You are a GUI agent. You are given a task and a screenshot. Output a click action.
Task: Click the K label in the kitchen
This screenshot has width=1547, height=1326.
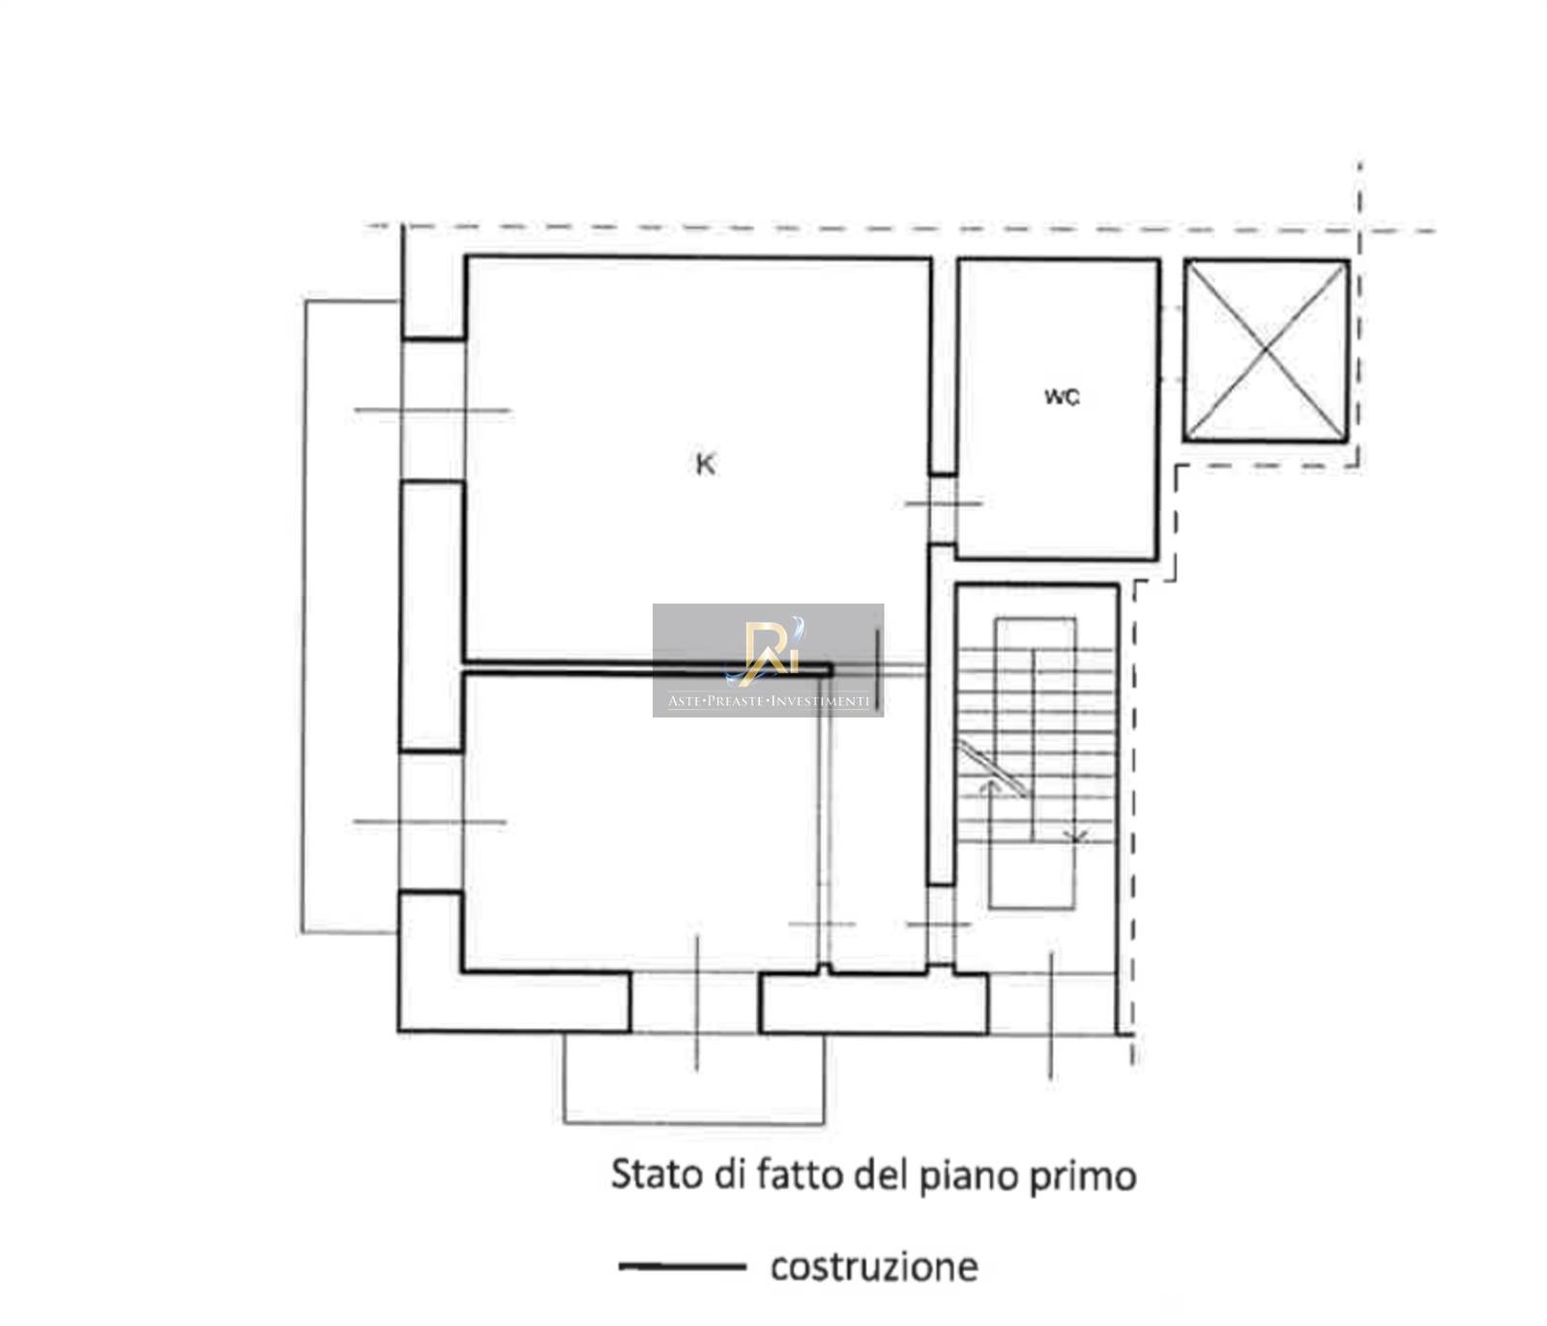point(706,465)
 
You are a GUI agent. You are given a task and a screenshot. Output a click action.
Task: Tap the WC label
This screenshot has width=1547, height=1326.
point(1062,397)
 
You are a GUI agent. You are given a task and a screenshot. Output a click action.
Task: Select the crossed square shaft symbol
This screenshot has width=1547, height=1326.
point(1266,350)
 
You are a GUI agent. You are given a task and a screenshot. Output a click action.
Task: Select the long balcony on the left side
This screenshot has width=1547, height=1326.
point(350,617)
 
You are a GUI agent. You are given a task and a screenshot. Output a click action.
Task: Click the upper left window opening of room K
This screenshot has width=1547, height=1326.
point(433,410)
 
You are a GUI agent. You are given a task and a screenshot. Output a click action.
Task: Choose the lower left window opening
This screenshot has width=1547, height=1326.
point(431,822)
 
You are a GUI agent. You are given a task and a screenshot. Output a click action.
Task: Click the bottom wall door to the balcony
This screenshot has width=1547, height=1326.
point(695,1002)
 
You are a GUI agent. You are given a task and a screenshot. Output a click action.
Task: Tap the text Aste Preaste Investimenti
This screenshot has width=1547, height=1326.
point(769,701)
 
